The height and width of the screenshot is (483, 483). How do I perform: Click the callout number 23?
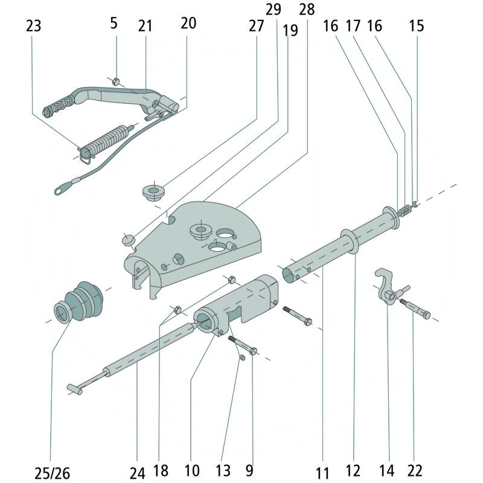pyautogui.click(x=34, y=26)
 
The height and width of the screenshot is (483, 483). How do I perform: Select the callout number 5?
pyautogui.click(x=114, y=24)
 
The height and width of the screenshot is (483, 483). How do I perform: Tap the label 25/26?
pyautogui.click(x=52, y=473)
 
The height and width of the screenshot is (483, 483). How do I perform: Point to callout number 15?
pyautogui.click(x=417, y=26)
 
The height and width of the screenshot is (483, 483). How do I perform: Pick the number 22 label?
pyautogui.click(x=415, y=471)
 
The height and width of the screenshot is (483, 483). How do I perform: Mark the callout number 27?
pyautogui.click(x=256, y=26)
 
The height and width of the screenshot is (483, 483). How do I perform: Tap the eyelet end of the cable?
pyautogui.click(x=61, y=190)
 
